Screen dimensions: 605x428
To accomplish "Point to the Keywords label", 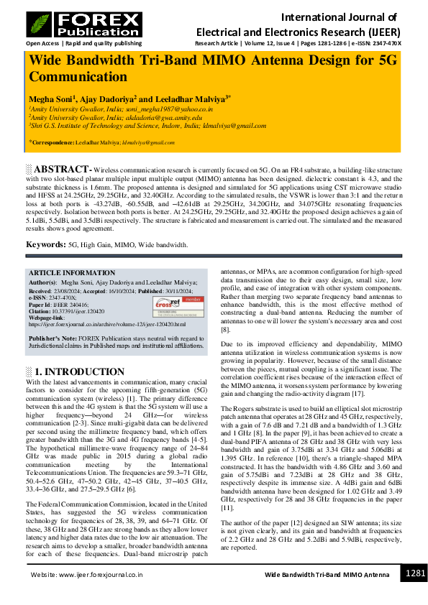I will pos(47,245).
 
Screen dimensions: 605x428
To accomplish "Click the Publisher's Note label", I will pos(57,337).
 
